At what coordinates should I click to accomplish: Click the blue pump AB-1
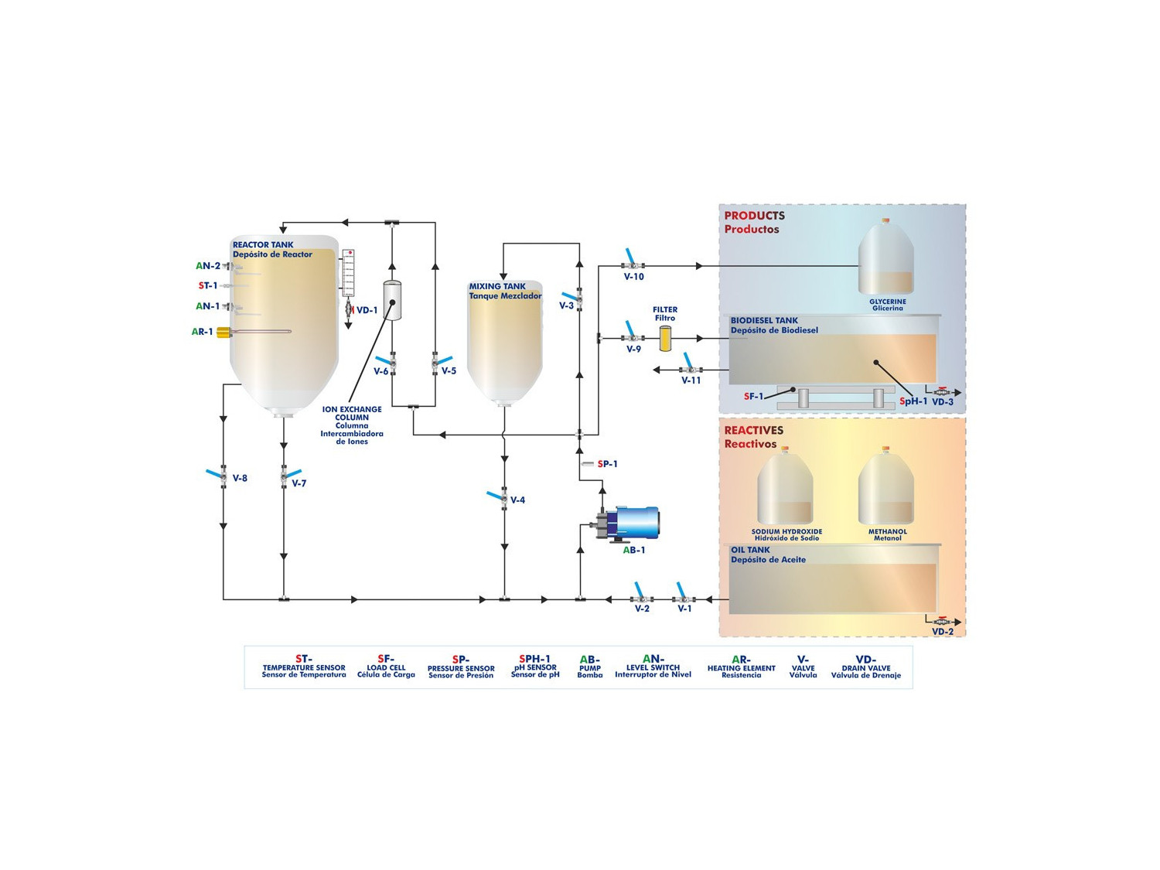pyautogui.click(x=634, y=523)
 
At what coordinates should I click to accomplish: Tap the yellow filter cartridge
pyautogui.click(x=665, y=339)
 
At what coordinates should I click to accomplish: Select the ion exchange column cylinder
pyautogui.click(x=393, y=301)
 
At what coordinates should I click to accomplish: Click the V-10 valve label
pyautogui.click(x=634, y=277)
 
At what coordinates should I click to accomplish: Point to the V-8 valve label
pyautogui.click(x=240, y=479)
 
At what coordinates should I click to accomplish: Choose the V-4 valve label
pyautogui.click(x=517, y=500)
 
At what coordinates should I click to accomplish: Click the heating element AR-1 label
pyautogui.click(x=203, y=332)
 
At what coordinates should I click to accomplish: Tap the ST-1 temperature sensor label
pyautogui.click(x=208, y=286)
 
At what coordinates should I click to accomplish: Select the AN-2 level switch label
pyautogui.click(x=208, y=266)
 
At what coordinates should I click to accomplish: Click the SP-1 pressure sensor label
pyautogui.click(x=607, y=464)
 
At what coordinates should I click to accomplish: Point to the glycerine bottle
pyautogui.click(x=886, y=259)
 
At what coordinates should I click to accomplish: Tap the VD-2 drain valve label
pyautogui.click(x=943, y=632)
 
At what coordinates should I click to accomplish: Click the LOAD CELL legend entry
pyautogui.click(x=386, y=667)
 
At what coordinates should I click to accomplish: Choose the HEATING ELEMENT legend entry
pyautogui.click(x=741, y=668)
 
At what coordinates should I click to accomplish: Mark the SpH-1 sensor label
pyautogui.click(x=913, y=401)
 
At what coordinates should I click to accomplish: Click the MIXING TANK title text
pyautogui.click(x=497, y=286)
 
